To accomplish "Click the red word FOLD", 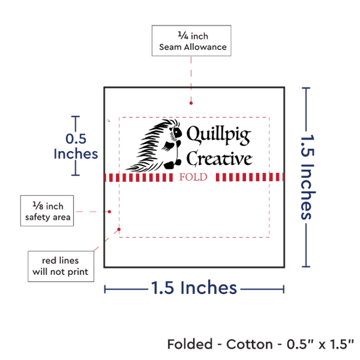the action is click(193, 177).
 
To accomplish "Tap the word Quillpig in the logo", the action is click(219, 135).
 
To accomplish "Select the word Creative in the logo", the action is click(219, 158).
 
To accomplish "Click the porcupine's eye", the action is click(177, 132).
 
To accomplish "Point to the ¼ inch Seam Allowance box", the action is click(192, 41).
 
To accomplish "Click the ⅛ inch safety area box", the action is click(47, 211).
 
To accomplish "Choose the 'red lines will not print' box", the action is click(61, 266).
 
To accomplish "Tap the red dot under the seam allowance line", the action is click(191, 103).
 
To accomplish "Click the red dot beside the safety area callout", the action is click(109, 211).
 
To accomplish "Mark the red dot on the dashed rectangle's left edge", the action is click(119, 229).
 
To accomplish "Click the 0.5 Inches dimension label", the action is click(76, 146).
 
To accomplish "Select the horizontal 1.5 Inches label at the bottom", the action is click(194, 288).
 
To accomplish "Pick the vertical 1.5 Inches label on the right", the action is click(308, 177).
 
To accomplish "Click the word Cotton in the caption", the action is click(249, 344).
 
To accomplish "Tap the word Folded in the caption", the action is click(190, 344).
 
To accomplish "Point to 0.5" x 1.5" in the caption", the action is click(320, 344).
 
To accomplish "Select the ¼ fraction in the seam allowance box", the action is click(183, 35).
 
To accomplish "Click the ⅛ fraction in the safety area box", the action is click(38, 206).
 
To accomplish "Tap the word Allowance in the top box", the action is click(206, 47).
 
